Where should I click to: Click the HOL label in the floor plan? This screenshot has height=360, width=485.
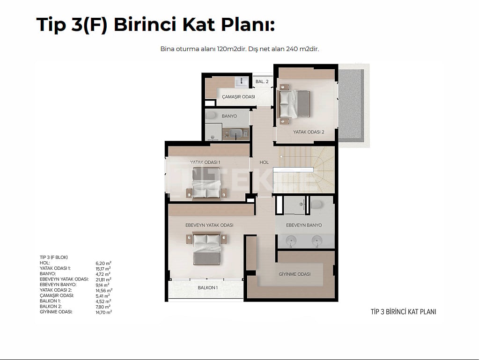tap(264, 162)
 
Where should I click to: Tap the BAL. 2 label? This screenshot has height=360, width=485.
tap(262, 81)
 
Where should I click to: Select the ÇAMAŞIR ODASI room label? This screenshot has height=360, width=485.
tap(238, 97)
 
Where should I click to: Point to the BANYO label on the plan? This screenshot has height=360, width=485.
tap(229, 116)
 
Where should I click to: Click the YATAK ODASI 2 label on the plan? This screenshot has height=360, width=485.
tap(309, 132)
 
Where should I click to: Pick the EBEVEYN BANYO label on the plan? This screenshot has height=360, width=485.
tap(304, 225)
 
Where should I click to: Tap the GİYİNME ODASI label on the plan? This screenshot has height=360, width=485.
tap(294, 274)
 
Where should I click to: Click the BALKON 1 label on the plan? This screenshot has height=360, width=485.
tap(207, 287)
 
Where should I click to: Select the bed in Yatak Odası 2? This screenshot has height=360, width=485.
tap(295, 104)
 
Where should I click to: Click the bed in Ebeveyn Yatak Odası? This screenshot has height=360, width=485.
tap(206, 249)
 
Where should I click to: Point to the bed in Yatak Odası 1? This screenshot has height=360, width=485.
tap(206, 183)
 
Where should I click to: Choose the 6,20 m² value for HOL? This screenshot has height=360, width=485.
tap(103, 263)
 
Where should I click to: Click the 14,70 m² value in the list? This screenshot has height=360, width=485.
tap(103, 312)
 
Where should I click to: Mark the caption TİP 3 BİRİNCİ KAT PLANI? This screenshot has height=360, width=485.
tap(404, 312)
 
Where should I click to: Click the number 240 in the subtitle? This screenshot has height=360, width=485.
tap(292, 49)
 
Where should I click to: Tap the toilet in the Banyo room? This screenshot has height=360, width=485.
tap(211, 115)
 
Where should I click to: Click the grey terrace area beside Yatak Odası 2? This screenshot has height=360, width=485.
tap(351, 104)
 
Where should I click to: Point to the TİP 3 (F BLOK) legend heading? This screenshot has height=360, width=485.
tap(53, 257)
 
